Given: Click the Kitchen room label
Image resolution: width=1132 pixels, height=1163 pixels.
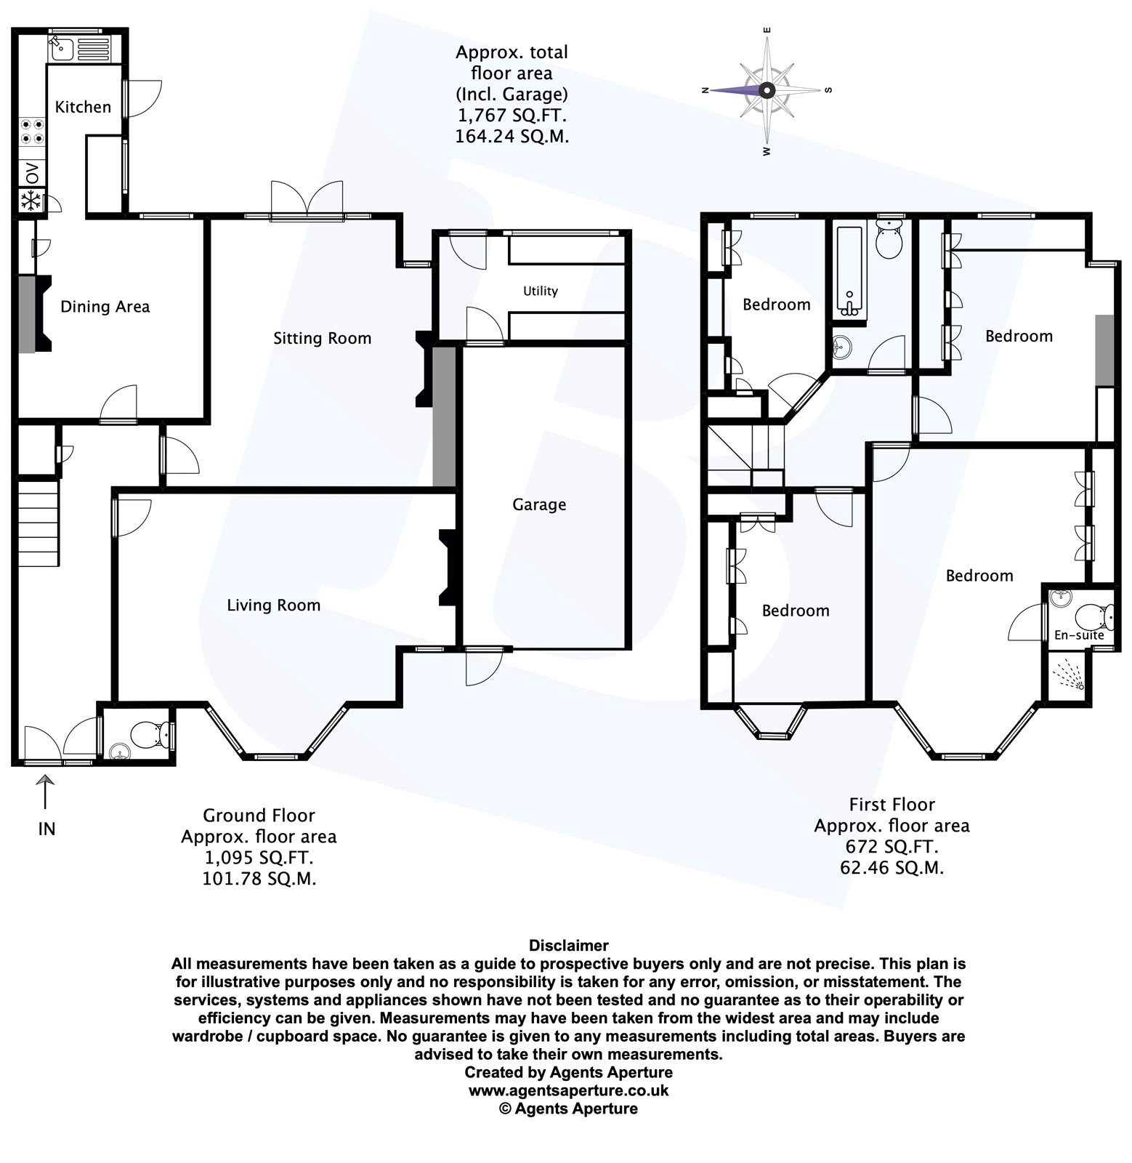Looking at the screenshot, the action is (x=83, y=107).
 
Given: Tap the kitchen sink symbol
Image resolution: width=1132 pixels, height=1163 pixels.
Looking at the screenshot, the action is (x=60, y=49).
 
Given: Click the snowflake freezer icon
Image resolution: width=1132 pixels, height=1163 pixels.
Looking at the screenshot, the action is (x=31, y=201).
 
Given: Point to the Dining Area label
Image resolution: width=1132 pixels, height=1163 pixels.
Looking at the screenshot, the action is (x=105, y=307).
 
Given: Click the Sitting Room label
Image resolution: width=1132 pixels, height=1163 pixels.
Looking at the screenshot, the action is (x=322, y=338).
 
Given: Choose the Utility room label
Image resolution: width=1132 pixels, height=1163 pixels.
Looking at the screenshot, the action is (x=541, y=291).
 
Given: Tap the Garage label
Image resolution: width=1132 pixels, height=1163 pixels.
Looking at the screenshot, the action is (x=539, y=504).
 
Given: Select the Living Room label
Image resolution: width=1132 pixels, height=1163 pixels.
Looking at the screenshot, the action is (x=273, y=605).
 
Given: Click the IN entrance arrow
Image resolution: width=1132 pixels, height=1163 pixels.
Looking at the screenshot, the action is (x=46, y=792).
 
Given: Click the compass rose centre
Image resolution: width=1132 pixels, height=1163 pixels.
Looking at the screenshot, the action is (x=767, y=91).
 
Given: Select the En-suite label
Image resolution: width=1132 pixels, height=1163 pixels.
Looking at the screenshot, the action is (x=1079, y=635).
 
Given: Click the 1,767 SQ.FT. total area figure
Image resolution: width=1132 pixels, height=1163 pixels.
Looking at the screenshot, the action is (x=512, y=115).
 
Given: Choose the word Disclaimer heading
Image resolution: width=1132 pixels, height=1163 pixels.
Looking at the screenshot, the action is (x=569, y=946).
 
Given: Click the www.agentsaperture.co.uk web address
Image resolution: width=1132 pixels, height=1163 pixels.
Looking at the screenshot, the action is (x=569, y=1090).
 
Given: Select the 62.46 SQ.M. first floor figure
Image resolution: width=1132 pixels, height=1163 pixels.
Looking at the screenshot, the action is (x=892, y=867).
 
